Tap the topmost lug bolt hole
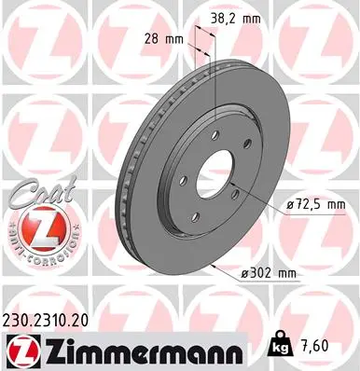tap(214, 136)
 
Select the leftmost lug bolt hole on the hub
tap(184, 181)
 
